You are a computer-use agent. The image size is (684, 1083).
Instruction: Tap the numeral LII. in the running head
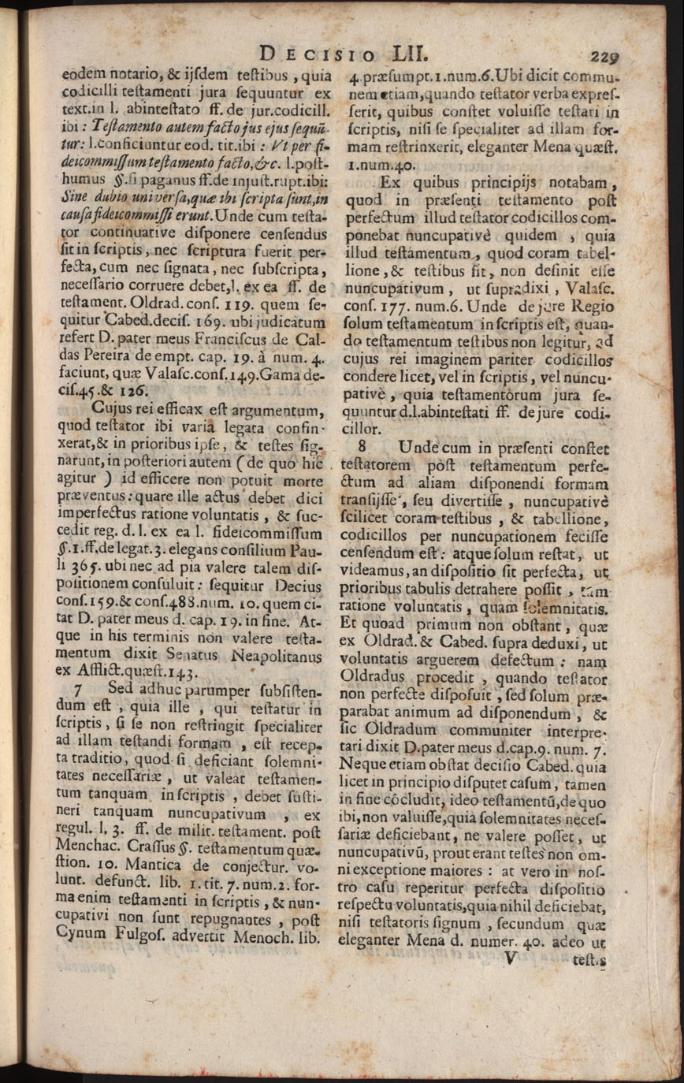[400, 54]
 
